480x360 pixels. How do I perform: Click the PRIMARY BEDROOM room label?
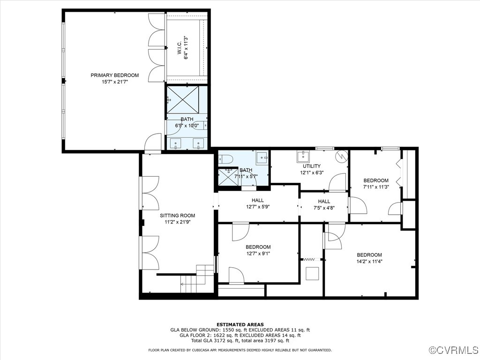pos(115,75)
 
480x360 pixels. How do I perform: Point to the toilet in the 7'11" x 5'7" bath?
pos(225,159)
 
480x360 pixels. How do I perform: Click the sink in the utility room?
pos(301,156)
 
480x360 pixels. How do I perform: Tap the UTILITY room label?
pos(311,166)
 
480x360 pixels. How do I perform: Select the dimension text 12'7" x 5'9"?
pos(258,207)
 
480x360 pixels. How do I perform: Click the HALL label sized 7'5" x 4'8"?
pos(324,202)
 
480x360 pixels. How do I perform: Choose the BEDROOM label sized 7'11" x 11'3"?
pos(376,180)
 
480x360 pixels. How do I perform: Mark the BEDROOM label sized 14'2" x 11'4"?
pos(369,255)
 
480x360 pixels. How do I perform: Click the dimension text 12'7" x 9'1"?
pos(258,254)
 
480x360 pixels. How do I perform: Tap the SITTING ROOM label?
pos(177,216)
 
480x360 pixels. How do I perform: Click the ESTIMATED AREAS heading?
pos(240,324)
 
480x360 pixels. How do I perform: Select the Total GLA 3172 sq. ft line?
pos(240,341)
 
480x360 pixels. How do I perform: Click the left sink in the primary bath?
pos(177,143)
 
